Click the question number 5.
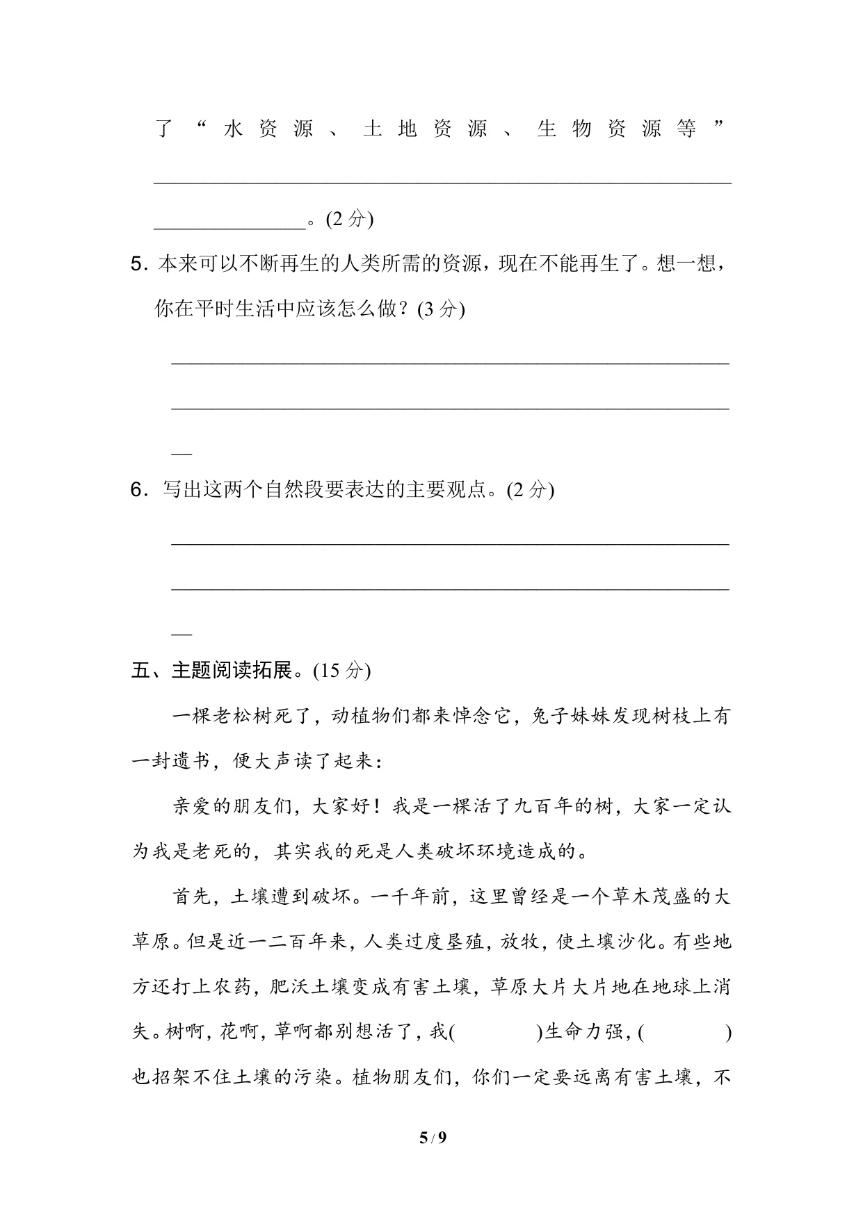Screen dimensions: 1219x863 point(138,264)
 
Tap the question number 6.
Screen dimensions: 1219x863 point(138,490)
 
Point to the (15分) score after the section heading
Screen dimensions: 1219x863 point(341,671)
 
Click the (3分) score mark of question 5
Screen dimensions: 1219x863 point(441,309)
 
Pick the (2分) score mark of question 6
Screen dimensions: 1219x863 point(531,490)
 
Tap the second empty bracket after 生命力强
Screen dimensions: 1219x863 point(684,1033)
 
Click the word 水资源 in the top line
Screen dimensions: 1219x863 point(268,129)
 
